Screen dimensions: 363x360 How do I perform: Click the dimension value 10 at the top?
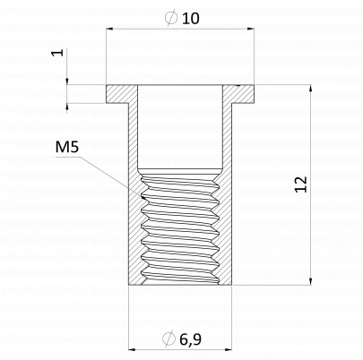pyautogui.click(x=190, y=19)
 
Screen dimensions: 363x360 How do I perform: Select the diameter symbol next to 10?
pyautogui.click(x=171, y=18)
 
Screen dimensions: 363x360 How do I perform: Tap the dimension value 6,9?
pyautogui.click(x=191, y=339)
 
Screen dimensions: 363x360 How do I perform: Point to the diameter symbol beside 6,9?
pyautogui.click(x=169, y=339)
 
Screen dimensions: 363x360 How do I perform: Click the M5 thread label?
pyautogui.click(x=67, y=147)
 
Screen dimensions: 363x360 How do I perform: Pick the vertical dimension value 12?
pyautogui.click(x=301, y=184)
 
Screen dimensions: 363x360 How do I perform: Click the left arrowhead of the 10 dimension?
pyautogui.click(x=109, y=29)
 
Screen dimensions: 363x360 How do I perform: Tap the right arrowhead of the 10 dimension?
pyautogui.click(x=250, y=29)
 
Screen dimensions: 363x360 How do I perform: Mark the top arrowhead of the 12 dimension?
pyautogui.click(x=311, y=89)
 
